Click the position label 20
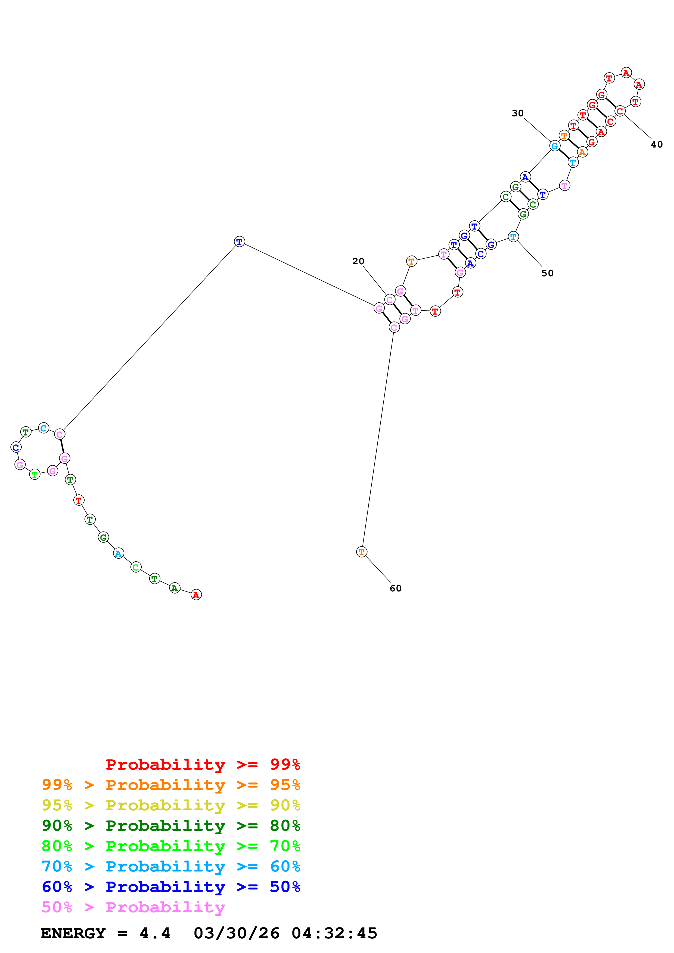click(358, 261)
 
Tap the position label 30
click(517, 113)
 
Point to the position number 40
click(657, 145)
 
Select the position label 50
click(547, 273)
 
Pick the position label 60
click(395, 588)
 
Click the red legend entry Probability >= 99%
click(203, 764)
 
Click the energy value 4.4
click(154, 933)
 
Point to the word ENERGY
click(73, 933)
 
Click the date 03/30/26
click(236, 933)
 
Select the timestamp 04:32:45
click(334, 933)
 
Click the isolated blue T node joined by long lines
click(239, 242)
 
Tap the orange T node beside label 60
click(362, 552)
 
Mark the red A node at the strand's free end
click(196, 595)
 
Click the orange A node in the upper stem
click(582, 152)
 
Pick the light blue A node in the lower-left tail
click(118, 553)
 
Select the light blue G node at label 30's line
click(554, 146)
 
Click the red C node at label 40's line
click(620, 111)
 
